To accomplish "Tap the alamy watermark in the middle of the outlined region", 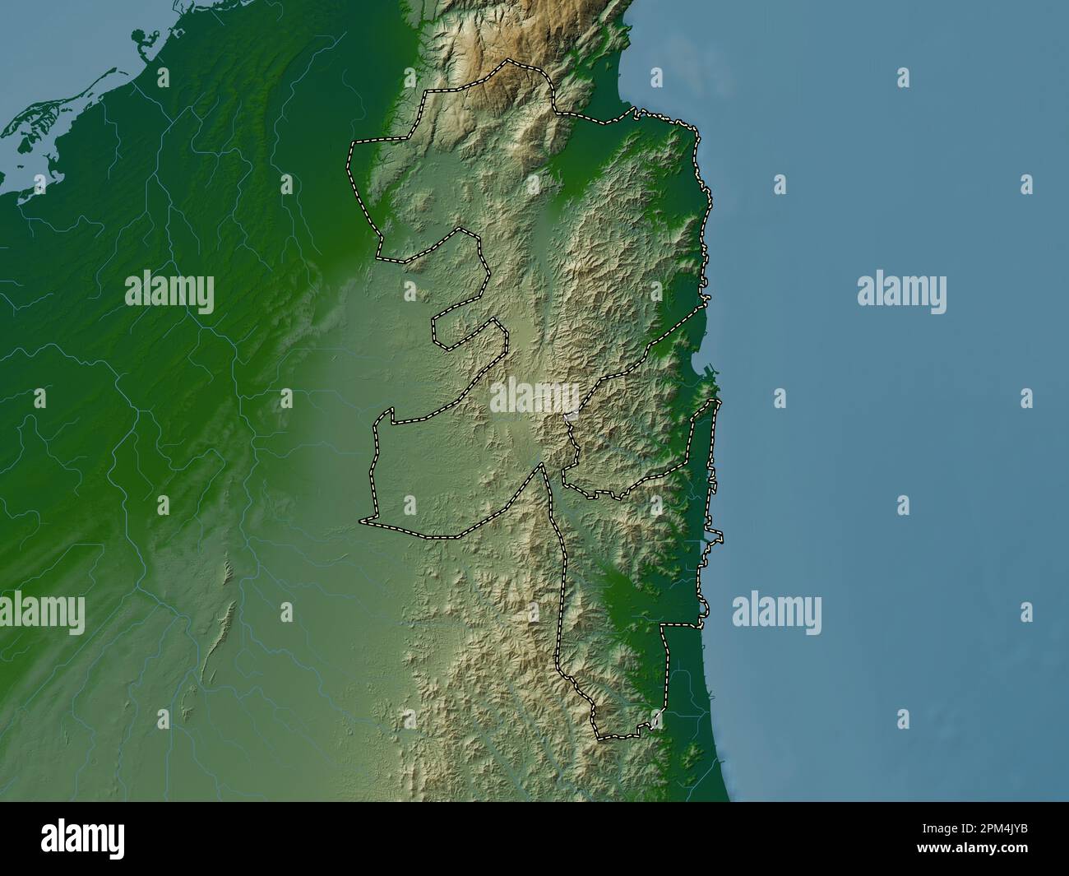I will point(534,398).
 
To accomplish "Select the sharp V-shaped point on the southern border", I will point(540,465).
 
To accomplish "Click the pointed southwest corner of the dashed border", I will point(361,521).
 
